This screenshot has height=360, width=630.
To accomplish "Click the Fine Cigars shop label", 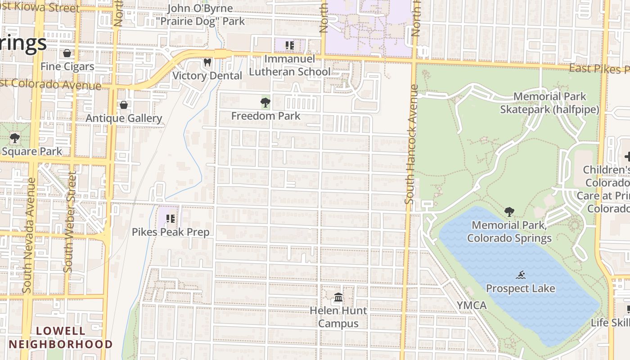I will pos(67,67).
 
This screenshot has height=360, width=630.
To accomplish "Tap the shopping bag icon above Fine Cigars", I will pos(67,53).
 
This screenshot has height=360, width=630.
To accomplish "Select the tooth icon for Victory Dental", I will pos(207,62).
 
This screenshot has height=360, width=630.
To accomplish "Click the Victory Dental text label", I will pos(207,76).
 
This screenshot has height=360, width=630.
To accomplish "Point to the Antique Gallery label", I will pos(124,118).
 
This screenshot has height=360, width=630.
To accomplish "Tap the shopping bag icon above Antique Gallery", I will pos(124,105).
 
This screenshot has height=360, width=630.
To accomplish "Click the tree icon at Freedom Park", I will pos(265,103).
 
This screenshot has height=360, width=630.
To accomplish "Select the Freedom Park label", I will pos(265,116).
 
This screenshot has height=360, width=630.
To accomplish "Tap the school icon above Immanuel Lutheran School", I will pos(290,45).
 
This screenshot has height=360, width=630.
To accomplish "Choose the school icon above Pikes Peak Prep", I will pos(171,219).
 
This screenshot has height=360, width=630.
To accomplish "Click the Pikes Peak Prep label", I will pos(171,232).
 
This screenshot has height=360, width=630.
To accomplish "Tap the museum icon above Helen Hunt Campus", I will pos(338,297).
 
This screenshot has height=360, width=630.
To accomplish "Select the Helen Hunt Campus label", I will pos(338,317).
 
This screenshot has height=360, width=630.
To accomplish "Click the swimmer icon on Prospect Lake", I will pos(521,275).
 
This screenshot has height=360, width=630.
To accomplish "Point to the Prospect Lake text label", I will pos(521,288).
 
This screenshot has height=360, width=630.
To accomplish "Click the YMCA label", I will pos(472,306).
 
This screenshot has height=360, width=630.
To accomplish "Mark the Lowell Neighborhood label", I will pos(61,337).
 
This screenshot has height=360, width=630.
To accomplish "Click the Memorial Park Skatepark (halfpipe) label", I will pos(549,103).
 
